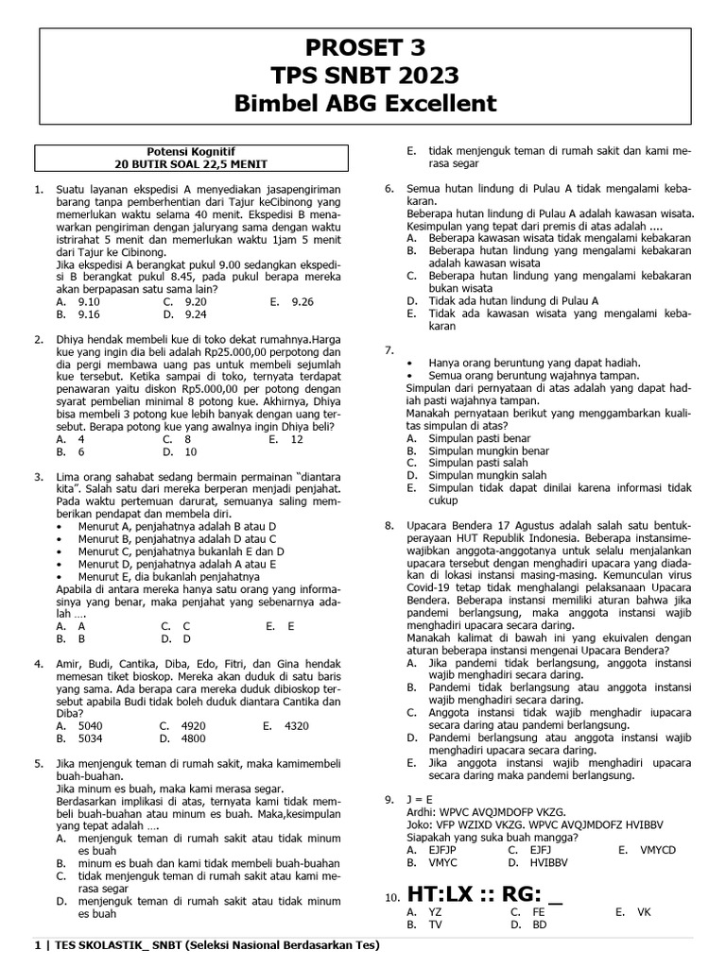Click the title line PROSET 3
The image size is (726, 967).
coord(364,47)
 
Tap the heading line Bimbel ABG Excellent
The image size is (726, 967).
coord(364,103)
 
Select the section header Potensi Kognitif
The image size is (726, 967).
coord(192,149)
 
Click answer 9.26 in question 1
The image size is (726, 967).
coord(302,301)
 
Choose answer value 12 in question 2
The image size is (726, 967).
coord(297,439)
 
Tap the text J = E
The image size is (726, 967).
coord(422,799)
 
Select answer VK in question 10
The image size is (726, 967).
coord(644,912)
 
